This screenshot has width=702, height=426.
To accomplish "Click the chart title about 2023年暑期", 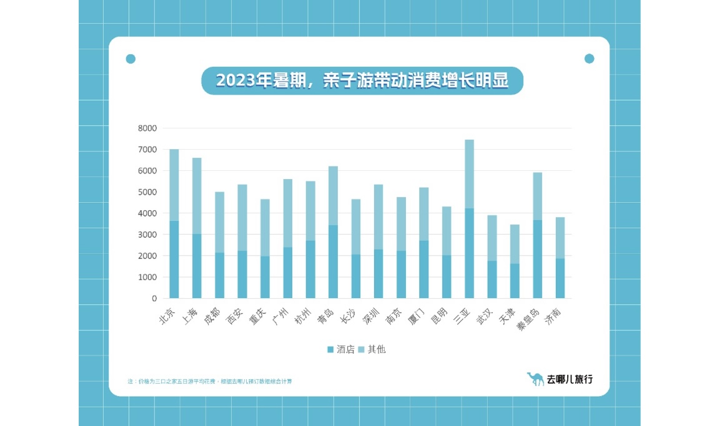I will (362, 81).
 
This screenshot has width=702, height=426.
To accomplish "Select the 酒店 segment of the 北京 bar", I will (174, 259).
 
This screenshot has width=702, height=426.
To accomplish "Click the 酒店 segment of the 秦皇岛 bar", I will (537, 259).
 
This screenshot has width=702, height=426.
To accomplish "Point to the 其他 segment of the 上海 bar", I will (197, 196).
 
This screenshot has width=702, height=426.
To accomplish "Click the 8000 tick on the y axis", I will (148, 128).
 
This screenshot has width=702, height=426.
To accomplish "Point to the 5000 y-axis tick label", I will (148, 192).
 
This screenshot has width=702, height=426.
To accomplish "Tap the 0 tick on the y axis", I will (154, 298).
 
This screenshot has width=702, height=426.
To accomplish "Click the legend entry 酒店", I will (341, 349).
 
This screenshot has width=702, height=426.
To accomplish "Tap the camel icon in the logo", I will (535, 378).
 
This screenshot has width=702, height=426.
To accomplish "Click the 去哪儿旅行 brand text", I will (570, 379).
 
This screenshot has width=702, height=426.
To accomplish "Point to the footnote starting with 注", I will (210, 380).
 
